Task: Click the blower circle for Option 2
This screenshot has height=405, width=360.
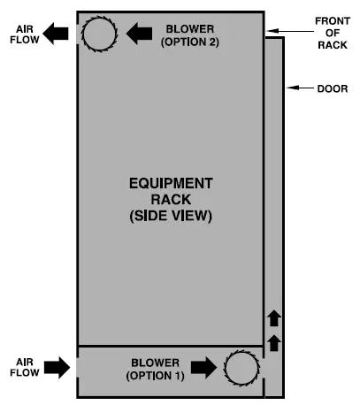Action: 98,34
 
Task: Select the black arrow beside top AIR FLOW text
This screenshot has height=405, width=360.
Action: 57,34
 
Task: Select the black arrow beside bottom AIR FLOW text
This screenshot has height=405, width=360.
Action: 57,368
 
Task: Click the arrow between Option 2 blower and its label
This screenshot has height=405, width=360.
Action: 140,34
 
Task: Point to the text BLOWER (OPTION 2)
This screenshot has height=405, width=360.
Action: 191,35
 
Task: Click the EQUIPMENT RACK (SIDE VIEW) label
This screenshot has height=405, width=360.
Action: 171,199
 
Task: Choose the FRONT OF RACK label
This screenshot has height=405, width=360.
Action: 333,32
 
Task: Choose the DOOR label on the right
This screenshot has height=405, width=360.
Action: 335,88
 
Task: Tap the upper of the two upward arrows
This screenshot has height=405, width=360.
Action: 273,317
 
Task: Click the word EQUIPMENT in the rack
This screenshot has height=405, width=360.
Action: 171,183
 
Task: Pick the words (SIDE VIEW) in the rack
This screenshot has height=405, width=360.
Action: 171,216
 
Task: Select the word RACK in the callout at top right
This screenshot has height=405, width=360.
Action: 333,46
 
